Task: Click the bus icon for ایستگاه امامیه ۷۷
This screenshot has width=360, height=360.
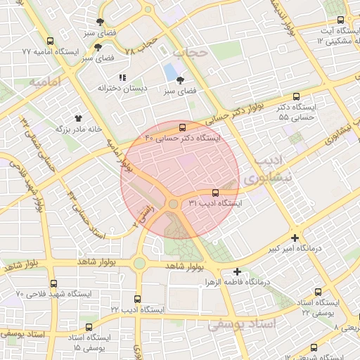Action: point(49,41)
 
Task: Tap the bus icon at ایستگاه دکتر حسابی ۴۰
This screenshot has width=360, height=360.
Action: point(183,127)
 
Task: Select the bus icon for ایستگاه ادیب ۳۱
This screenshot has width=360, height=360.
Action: point(215,192)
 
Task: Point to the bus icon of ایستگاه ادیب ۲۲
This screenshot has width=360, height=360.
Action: point(137,299)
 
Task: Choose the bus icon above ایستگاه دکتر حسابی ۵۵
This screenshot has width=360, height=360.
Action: point(295,97)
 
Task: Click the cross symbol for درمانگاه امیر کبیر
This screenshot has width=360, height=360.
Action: point(295,238)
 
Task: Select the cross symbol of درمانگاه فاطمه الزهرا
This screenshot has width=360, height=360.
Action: point(238,271)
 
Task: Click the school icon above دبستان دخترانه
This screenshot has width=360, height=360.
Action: point(122,77)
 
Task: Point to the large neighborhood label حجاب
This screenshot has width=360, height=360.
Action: point(191,53)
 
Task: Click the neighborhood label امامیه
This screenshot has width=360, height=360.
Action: point(46,82)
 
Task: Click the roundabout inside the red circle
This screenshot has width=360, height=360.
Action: point(172,204)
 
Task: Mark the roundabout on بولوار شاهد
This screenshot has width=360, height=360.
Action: point(139,263)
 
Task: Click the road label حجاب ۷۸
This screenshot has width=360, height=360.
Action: point(139,47)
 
